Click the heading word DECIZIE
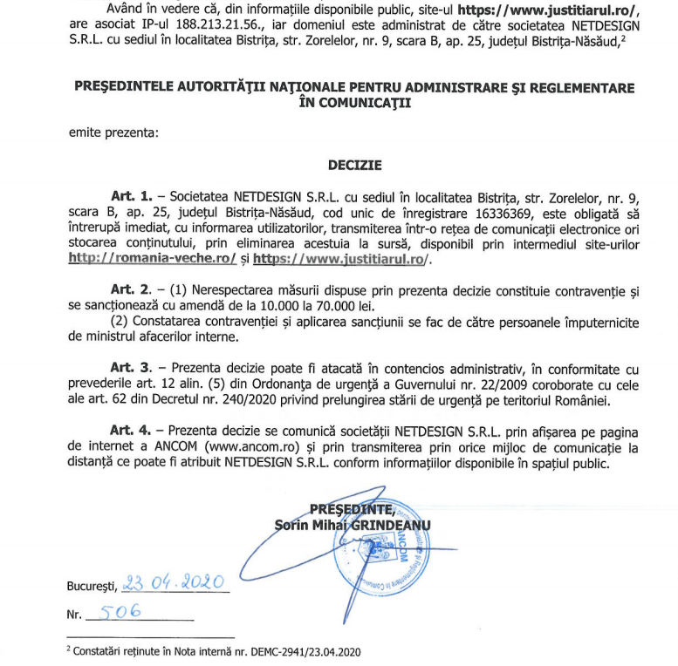pyautogui.click(x=355, y=164)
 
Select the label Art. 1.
pyautogui.click(x=131, y=196)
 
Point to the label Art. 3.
pyautogui.click(x=131, y=367)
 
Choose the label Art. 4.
pyautogui.click(x=131, y=430)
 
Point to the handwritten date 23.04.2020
pyautogui.click(x=175, y=582)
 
